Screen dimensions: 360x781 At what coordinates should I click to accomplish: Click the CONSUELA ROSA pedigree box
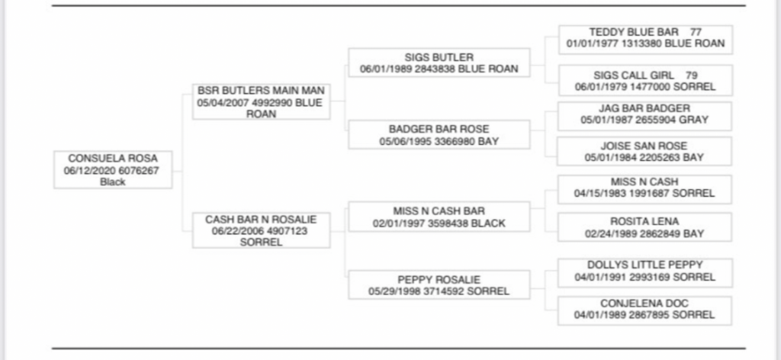[113, 170]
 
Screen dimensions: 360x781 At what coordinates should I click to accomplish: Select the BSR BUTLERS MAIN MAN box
[261, 101]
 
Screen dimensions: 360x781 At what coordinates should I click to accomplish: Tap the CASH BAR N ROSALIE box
[261, 230]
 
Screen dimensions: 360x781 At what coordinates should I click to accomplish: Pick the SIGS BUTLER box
[439, 63]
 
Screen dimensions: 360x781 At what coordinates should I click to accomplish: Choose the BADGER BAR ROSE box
[439, 135]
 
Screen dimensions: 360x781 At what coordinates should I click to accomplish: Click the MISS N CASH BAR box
[439, 217]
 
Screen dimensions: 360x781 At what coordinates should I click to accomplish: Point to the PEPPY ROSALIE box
[439, 285]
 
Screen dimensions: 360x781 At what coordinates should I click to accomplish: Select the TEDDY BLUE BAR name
[634, 33]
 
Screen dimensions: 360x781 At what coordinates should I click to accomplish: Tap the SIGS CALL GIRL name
[635, 76]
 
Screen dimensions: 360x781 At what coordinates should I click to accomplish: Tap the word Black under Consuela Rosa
[113, 182]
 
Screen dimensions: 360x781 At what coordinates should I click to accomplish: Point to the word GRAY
[694, 120]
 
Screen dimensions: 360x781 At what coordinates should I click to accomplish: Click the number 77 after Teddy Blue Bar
[695, 33]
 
